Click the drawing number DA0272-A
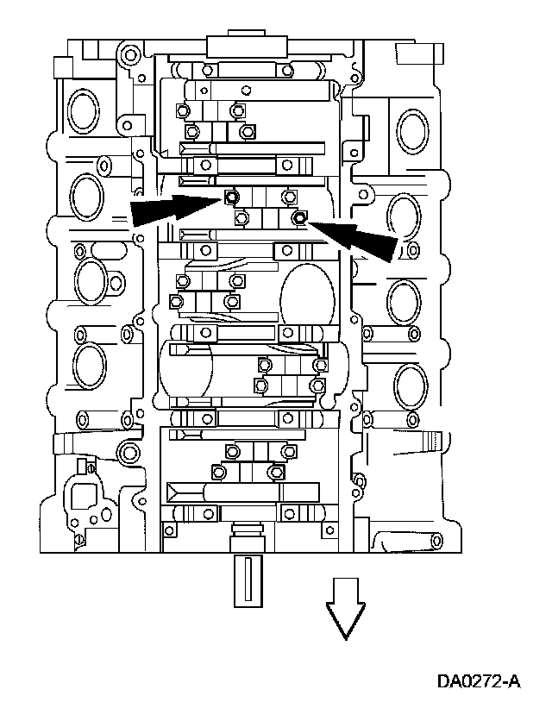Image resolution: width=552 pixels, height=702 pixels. (x=479, y=681)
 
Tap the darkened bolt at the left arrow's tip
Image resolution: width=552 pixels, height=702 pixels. (x=230, y=197)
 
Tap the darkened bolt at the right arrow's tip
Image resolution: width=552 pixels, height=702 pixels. (x=298, y=219)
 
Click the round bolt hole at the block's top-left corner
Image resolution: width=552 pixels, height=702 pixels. (x=129, y=57)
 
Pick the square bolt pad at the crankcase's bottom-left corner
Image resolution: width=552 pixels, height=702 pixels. (x=169, y=529)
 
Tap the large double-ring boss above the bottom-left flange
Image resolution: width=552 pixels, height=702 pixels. (x=127, y=452)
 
